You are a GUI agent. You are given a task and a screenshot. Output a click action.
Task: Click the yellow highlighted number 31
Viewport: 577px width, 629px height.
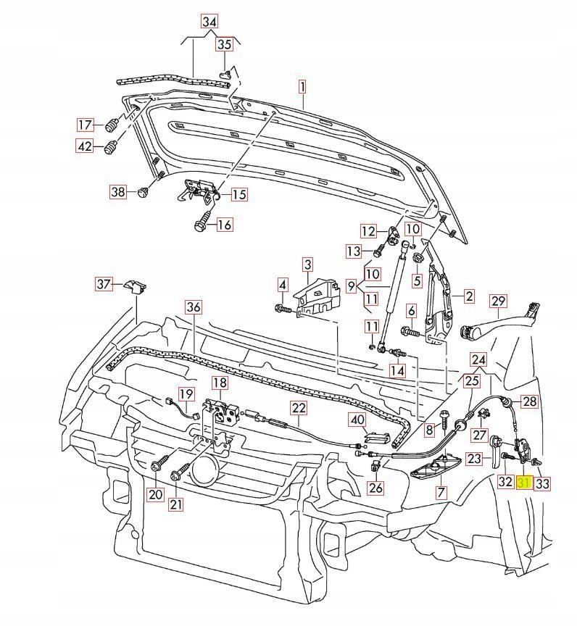pyautogui.click(x=524, y=483)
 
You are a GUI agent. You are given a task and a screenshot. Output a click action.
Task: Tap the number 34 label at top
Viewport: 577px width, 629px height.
pyautogui.click(x=209, y=22)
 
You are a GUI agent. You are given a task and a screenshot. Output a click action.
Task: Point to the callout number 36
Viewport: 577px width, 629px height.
pyautogui.click(x=193, y=307)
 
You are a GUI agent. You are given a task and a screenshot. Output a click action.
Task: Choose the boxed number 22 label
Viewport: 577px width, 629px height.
pyautogui.click(x=299, y=408)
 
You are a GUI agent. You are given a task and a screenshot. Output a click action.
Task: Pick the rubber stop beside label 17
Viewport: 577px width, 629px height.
pyautogui.click(x=112, y=125)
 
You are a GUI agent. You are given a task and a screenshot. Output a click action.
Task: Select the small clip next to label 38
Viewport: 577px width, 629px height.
pyautogui.click(x=144, y=192)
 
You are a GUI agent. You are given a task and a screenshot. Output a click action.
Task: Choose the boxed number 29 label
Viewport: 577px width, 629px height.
pyautogui.click(x=497, y=301)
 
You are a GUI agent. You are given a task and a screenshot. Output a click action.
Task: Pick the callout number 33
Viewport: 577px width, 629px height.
pyautogui.click(x=542, y=483)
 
